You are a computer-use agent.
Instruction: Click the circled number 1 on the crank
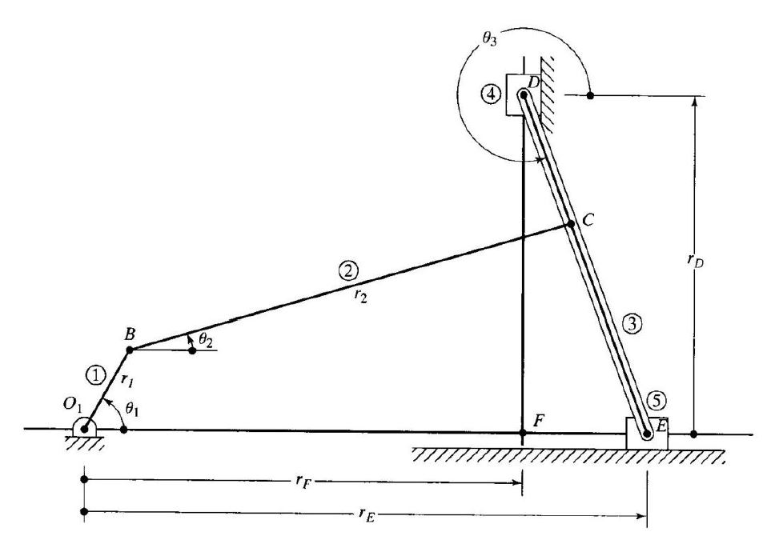point(95,376)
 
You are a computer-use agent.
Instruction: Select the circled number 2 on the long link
point(347,271)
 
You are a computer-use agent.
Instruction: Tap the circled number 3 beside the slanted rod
point(632,324)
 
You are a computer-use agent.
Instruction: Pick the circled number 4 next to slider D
point(490,94)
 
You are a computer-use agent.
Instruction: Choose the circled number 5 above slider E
point(657,400)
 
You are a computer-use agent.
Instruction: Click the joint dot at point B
point(130,350)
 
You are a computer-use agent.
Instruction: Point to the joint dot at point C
point(571,224)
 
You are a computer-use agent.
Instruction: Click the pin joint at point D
point(523,94)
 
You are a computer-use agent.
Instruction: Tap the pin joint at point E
point(647,434)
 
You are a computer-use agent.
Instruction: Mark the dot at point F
point(522,433)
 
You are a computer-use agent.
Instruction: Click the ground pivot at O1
point(85,429)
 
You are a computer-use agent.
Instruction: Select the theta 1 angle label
point(131,409)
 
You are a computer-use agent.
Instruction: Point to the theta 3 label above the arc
point(489,38)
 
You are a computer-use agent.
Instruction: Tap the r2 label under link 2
point(361,295)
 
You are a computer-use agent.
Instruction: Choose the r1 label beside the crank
point(127,381)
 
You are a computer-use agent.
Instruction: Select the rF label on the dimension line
point(303,481)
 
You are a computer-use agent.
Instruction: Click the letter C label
point(588,219)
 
